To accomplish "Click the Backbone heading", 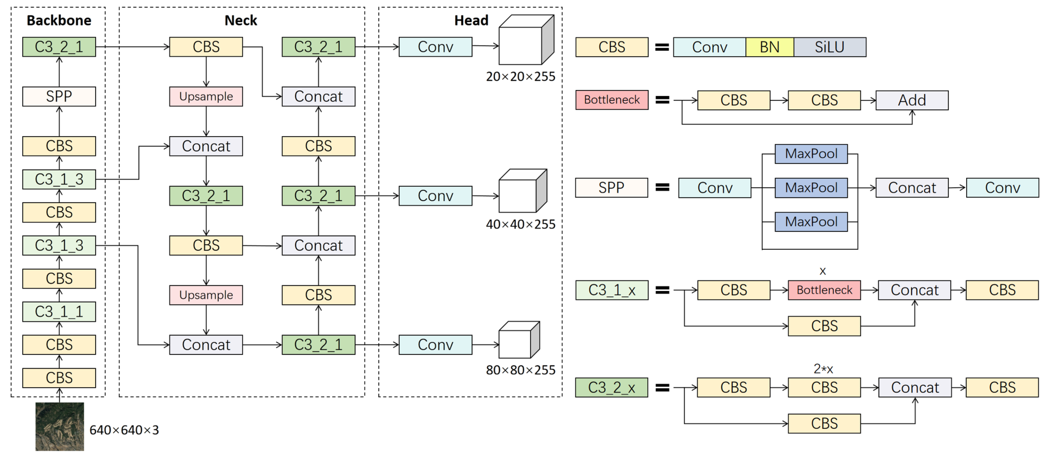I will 59,20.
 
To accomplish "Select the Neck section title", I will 241,20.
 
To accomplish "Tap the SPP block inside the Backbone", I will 59,96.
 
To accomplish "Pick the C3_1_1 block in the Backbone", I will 59,312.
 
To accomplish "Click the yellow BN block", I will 769,47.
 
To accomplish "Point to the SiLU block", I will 830,47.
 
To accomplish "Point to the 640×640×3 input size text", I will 124,430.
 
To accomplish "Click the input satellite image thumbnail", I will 60,427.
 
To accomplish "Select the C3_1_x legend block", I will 612,290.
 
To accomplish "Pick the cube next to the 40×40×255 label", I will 522,191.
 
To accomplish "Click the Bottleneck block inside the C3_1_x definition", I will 824,290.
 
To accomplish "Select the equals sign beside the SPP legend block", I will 662,187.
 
